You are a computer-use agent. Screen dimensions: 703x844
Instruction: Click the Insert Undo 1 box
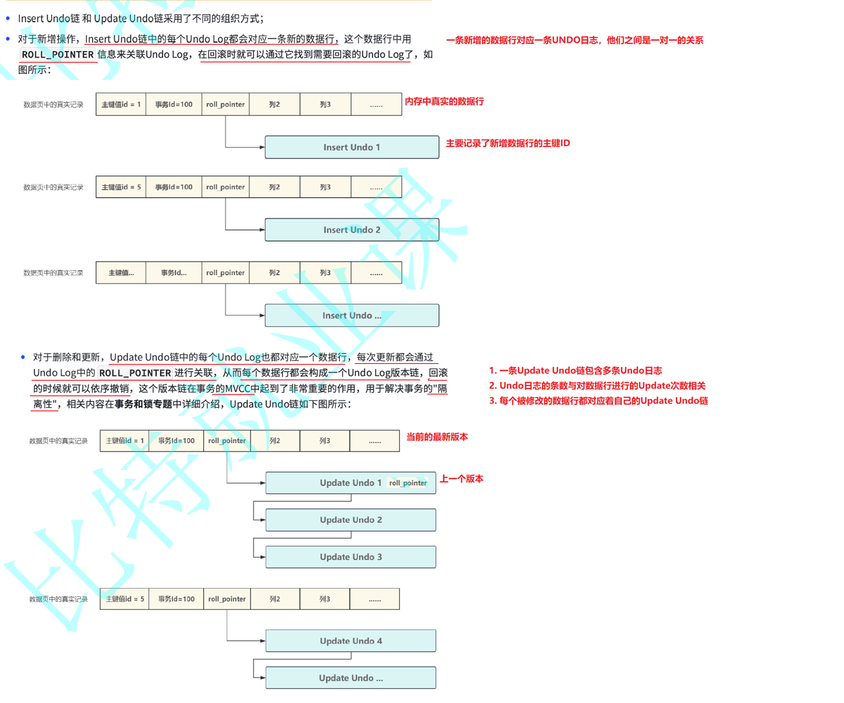click(x=351, y=147)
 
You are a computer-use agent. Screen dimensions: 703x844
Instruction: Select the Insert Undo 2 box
click(x=351, y=230)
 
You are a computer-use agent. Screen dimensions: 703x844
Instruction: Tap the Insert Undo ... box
click(x=351, y=315)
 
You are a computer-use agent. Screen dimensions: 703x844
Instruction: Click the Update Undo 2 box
click(x=351, y=520)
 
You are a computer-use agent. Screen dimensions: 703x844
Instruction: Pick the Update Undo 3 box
click(x=351, y=557)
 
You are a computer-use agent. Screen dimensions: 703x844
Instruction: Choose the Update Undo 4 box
click(x=351, y=641)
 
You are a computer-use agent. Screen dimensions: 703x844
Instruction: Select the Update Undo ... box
click(x=351, y=678)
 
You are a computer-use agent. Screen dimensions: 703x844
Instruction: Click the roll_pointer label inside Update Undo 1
click(x=408, y=483)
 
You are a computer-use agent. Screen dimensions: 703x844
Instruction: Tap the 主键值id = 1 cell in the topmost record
click(x=121, y=105)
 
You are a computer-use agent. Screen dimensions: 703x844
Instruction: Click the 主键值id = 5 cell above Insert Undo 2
click(x=121, y=187)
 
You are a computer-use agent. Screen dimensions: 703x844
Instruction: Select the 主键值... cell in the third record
click(x=121, y=273)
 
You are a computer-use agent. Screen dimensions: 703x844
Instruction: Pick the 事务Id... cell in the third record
click(x=174, y=273)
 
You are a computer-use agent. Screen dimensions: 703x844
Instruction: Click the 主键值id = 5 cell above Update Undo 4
click(x=125, y=599)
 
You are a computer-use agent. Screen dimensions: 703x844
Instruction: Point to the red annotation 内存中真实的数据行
click(x=444, y=102)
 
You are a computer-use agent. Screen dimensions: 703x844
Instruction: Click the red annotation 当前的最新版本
click(x=437, y=437)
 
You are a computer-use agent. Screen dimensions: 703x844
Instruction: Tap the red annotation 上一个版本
click(x=461, y=479)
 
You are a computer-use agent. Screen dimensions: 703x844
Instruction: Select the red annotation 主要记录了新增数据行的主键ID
click(x=508, y=143)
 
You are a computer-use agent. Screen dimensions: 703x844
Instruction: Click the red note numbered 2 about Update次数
click(x=597, y=386)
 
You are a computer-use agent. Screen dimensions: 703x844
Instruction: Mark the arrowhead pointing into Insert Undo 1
click(x=262, y=147)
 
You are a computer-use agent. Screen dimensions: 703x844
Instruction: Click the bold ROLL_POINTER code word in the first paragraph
click(x=58, y=55)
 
